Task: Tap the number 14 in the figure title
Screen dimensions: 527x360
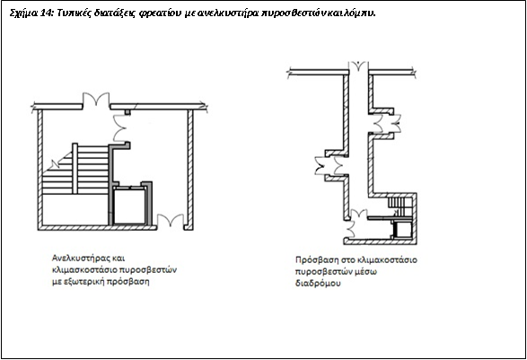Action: coord(46,13)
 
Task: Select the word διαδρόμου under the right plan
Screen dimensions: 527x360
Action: coord(318,283)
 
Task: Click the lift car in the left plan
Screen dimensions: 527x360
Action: coord(129,206)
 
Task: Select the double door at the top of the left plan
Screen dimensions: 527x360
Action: coord(96,100)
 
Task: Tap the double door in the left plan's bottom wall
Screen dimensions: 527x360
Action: coord(171,221)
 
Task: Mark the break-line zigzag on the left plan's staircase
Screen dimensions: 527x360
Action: coord(54,164)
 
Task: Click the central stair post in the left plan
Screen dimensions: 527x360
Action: coord(75,169)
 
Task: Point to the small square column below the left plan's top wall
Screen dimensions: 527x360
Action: coord(127,112)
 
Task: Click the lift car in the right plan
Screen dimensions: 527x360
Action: coord(402,230)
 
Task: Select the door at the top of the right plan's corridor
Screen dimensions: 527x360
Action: coord(358,66)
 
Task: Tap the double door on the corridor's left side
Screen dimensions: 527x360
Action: coord(331,166)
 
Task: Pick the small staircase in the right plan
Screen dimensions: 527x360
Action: coord(400,206)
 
